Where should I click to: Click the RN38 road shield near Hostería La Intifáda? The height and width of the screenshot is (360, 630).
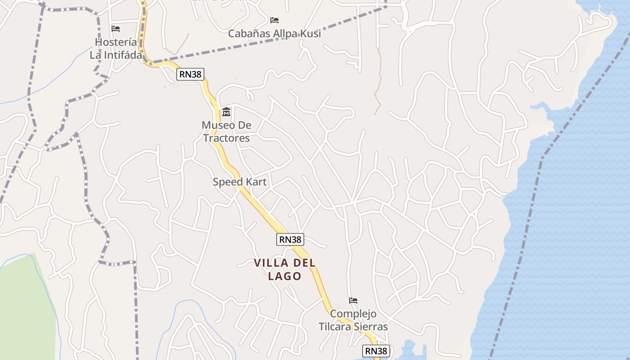pos(190,74)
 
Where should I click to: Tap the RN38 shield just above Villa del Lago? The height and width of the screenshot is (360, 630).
pos(290,239)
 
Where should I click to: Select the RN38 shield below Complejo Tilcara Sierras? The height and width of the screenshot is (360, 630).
pos(376,351)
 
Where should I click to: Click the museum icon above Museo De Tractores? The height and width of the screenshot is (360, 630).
pos(226,112)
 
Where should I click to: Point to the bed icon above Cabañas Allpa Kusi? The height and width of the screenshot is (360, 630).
pos(274,20)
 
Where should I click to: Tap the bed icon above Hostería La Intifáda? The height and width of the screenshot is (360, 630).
pos(116,29)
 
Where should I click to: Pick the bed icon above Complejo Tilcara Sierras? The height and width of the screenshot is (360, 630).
pos(353,301)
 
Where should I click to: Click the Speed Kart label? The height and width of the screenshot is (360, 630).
pos(239,182)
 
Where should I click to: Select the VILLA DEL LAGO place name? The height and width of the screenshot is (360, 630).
pos(284,269)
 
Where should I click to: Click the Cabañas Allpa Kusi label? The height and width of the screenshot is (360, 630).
pos(274,33)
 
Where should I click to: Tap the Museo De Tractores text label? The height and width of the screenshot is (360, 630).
pos(226,131)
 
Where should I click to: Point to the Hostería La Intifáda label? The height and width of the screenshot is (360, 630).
pos(116,49)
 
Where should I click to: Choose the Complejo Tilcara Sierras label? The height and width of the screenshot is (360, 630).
pos(353,320)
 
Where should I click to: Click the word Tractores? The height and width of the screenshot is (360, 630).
pos(226,138)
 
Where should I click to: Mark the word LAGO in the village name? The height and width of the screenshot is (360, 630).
pos(284,276)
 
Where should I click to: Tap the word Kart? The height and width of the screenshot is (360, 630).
pos(256,182)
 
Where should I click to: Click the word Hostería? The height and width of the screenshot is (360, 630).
pos(116,42)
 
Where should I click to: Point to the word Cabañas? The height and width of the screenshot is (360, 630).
pos(249,33)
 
